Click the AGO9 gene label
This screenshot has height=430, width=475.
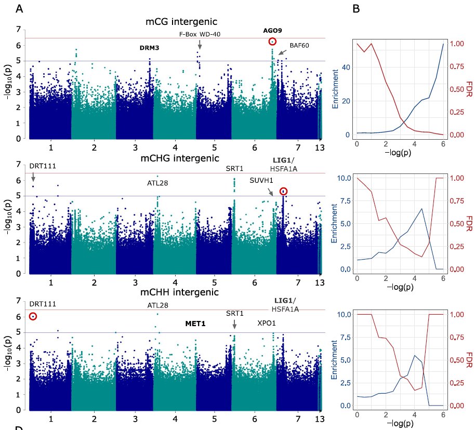coord(272,31)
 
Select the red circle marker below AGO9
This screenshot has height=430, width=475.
coord(272,42)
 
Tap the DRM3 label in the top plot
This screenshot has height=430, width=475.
coord(149,48)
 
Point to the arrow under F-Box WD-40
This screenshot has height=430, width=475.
coord(200,47)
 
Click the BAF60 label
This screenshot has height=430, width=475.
coord(299,45)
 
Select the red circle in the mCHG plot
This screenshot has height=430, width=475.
coord(283,192)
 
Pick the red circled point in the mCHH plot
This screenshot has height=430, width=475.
coord(33,316)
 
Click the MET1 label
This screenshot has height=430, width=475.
coord(195,324)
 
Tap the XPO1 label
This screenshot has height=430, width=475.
coord(267,322)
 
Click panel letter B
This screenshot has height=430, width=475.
coord(356,9)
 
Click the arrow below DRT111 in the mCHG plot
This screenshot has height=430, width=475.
coord(33,177)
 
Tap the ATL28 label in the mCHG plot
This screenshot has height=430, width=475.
coord(157,183)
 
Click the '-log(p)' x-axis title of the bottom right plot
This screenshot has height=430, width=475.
coord(399,419)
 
